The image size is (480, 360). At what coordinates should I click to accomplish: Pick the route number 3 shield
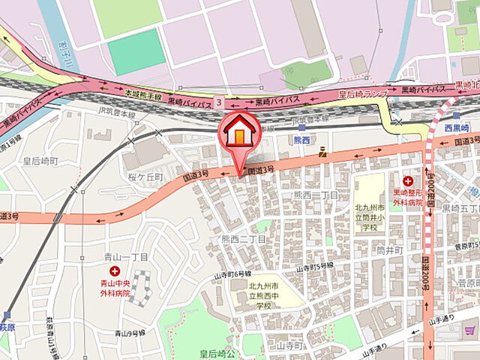(x=217, y=100)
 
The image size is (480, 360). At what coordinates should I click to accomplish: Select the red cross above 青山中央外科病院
(x=115, y=270)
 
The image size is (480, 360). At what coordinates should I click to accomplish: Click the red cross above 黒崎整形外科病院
(x=409, y=181)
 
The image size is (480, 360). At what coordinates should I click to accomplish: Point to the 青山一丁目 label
(x=121, y=257)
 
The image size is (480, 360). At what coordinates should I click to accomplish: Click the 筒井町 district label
(x=390, y=249)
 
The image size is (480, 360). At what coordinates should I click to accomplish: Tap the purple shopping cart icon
(x=472, y=330)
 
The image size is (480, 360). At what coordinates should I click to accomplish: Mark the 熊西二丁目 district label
(x=317, y=196)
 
